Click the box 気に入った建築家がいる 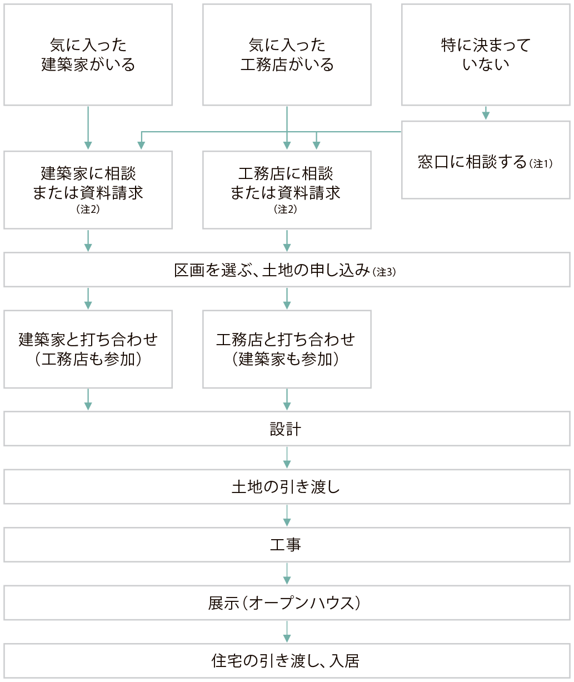pos(88,54)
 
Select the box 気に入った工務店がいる pos(287,54)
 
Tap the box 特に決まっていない pos(486,54)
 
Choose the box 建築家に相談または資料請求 pos(88,190)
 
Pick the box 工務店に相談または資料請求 pos(287,190)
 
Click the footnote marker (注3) pos(385,272)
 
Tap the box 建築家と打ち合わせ pos(88,349)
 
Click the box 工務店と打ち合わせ pos(287,349)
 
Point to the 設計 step pos(287,429)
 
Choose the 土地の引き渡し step pos(287,487)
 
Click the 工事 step pos(287,545)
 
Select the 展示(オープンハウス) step pos(287,603)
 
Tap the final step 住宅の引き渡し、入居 pos(287,660)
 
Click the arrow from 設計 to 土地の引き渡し pos(287,457)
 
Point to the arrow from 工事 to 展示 pos(287,573)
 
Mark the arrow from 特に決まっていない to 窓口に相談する pos(486,113)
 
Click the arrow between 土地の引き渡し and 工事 pos(287,515)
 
